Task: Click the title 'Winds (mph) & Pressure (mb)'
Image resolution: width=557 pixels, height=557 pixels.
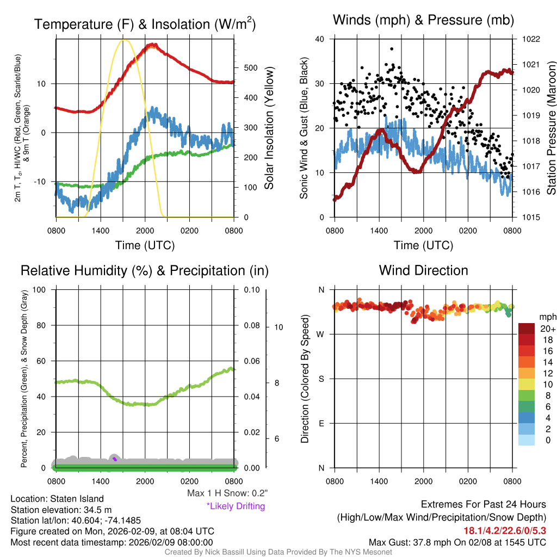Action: click(423, 21)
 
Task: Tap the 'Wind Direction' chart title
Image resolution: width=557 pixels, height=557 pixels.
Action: click(423, 270)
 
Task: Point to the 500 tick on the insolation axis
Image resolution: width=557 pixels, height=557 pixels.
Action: click(250, 68)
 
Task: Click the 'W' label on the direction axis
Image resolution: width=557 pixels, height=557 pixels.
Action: click(321, 334)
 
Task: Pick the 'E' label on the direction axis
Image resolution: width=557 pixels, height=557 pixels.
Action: click(321, 423)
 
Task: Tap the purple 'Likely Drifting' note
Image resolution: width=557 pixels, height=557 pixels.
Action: click(236, 506)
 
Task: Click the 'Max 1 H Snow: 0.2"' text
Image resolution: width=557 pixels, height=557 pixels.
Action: click(227, 493)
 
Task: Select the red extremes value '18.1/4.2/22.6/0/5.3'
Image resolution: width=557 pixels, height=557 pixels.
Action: click(505, 530)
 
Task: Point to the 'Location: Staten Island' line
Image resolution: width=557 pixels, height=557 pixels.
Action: click(57, 499)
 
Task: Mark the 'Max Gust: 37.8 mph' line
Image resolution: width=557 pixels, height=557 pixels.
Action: click(457, 542)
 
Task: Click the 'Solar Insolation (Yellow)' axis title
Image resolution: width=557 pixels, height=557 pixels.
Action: click(269, 128)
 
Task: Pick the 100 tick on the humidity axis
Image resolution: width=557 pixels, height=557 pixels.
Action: click(40, 289)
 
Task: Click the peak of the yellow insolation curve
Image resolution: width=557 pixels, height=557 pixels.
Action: click(125, 40)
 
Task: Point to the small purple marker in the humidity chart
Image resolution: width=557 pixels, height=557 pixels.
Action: click(115, 459)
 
